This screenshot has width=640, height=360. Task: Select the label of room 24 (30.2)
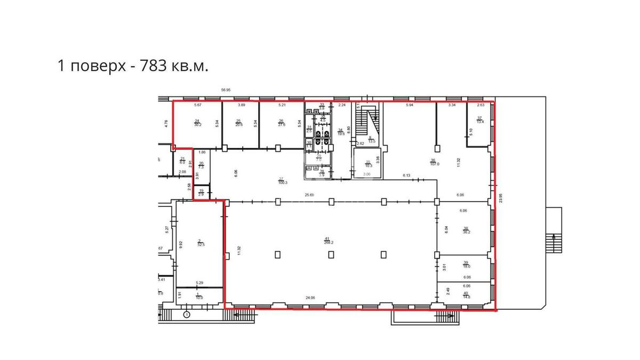[x=197, y=123]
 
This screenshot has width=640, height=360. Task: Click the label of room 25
[x=239, y=123]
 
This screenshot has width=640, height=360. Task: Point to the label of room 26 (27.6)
[x=282, y=123]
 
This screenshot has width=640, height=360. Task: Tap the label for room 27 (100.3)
[x=282, y=181]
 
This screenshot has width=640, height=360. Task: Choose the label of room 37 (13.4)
[x=479, y=120]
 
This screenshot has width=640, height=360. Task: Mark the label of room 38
[x=466, y=230]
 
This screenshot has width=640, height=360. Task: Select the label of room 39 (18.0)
[x=466, y=265]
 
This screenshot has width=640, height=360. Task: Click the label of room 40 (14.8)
[x=466, y=295]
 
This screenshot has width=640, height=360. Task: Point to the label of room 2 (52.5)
[x=200, y=243]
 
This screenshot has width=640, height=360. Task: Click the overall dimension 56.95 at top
[x=225, y=90]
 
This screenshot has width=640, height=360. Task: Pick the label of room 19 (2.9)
[x=201, y=193]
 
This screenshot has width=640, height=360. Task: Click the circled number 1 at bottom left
[x=187, y=314]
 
